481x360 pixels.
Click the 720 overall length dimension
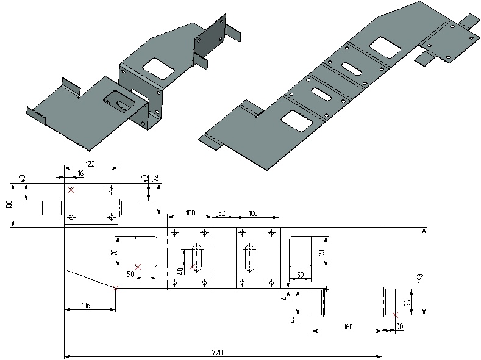pos(216,352)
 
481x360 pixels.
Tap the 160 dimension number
pos(347,327)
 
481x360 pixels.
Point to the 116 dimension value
pos(86,306)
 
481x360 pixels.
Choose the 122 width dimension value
pos(91,164)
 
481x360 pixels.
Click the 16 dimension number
pos(80,174)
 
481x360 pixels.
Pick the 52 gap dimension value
pos(222,213)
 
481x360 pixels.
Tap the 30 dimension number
pos(400,327)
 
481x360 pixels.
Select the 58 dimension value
pos(408,303)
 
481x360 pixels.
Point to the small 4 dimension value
pos(284,298)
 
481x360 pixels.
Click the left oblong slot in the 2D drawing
pos(197,257)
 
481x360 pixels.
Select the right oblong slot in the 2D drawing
pos(250,257)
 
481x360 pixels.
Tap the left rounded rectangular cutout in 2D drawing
pos(145,251)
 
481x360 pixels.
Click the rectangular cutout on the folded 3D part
pos(157,67)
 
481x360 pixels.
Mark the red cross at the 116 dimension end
pos(116,288)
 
